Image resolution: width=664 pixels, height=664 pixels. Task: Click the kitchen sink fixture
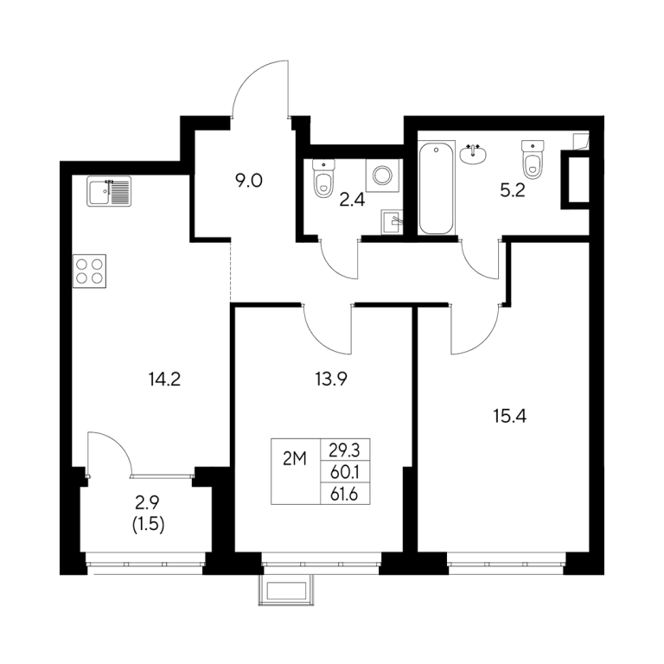[x=109, y=191]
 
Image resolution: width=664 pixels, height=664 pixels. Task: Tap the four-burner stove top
[x=89, y=271]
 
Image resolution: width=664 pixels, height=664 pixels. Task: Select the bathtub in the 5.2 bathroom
[x=436, y=188]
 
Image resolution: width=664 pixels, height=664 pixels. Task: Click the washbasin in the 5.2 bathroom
[x=473, y=154]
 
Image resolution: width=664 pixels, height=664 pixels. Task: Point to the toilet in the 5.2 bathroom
[x=533, y=159]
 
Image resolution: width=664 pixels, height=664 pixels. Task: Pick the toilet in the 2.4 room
[x=323, y=178]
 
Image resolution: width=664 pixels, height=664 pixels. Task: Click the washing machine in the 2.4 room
[x=382, y=175]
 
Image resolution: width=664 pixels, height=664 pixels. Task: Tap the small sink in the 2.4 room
[x=393, y=222]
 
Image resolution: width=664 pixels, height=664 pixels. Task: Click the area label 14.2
[x=165, y=379]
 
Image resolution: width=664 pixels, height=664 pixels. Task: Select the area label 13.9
[x=331, y=379]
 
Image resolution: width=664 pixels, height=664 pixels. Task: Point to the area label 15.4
[x=510, y=416]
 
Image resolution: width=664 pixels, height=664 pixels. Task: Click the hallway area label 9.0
[x=249, y=181]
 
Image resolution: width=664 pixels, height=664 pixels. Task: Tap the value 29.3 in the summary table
[x=345, y=450]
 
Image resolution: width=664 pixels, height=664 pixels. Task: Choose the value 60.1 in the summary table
[x=345, y=472]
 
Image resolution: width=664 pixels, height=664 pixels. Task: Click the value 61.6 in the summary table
[x=344, y=495]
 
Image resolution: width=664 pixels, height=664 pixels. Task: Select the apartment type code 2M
[x=295, y=459]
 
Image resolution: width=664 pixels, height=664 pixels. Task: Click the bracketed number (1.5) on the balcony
[x=149, y=525]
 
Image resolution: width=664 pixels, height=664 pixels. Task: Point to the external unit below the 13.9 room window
[x=287, y=591]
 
